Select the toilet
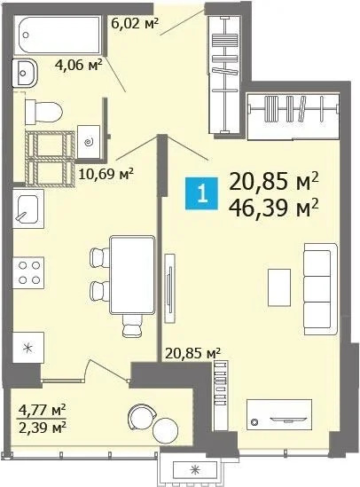click(x=44, y=111)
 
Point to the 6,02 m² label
click(x=134, y=24)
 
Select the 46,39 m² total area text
click(x=273, y=209)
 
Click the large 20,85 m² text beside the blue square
click(x=273, y=183)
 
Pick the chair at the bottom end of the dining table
click(x=131, y=329)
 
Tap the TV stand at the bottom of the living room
click(x=279, y=410)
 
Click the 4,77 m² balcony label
click(x=43, y=409)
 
